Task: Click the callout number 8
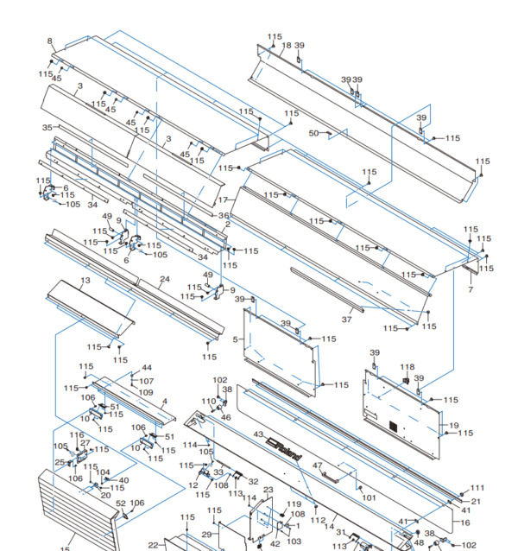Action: pyautogui.click(x=49, y=41)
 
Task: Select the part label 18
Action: pyautogui.click(x=287, y=46)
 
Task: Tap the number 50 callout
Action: pyautogui.click(x=314, y=133)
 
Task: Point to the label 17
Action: pyautogui.click(x=223, y=199)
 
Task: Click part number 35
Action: pyautogui.click(x=47, y=127)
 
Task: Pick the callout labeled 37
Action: pyautogui.click(x=346, y=319)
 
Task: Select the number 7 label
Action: pyautogui.click(x=471, y=289)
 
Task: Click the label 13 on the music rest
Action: pyautogui.click(x=85, y=281)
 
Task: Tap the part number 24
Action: pyautogui.click(x=164, y=280)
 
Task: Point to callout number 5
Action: pyautogui.click(x=235, y=339)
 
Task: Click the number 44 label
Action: pyautogui.click(x=147, y=368)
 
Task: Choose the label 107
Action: pyautogui.click(x=147, y=381)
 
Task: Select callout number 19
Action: pyautogui.click(x=454, y=425)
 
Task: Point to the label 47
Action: pyautogui.click(x=317, y=465)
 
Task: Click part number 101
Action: pyautogui.click(x=369, y=497)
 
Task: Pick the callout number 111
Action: pyautogui.click(x=477, y=490)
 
